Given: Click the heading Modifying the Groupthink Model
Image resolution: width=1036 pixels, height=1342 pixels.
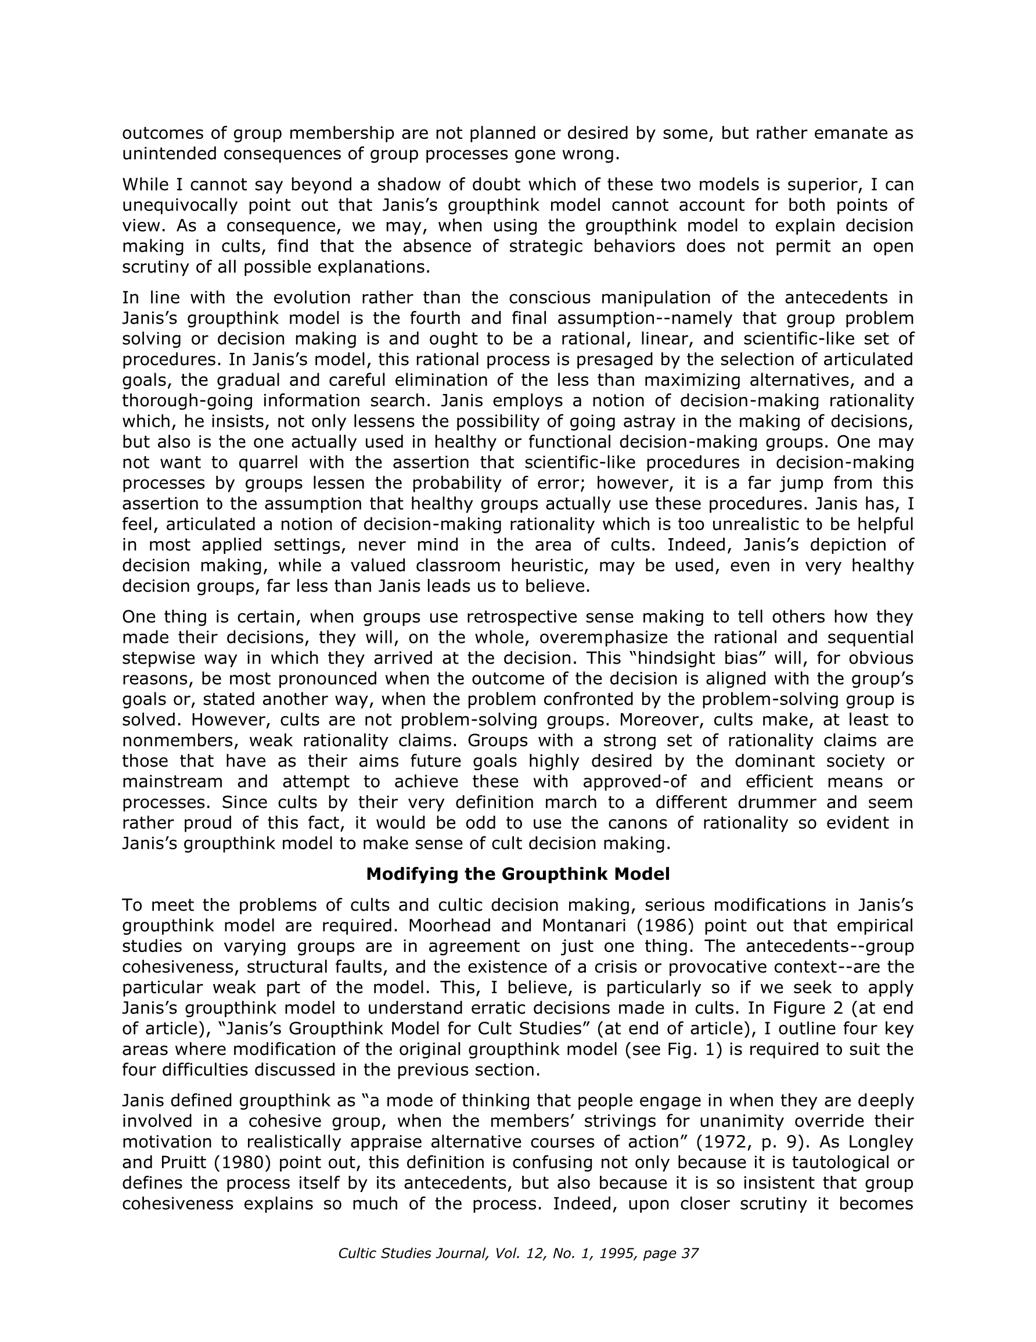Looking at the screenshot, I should pyautogui.click(x=517, y=874).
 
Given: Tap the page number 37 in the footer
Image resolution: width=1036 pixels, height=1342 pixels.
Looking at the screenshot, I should pyautogui.click(x=690, y=1254).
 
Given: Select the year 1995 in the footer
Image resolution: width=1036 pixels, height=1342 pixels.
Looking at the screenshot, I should pyautogui.click(x=616, y=1254).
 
